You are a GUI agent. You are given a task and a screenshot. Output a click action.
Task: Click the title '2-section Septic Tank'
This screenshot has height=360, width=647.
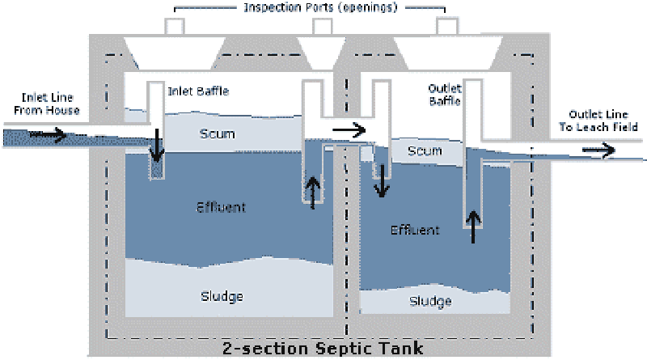[x=323, y=350]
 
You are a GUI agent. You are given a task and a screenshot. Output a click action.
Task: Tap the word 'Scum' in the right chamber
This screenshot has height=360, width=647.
[x=424, y=151]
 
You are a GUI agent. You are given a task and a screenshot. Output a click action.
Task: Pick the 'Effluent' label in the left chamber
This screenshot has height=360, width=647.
[x=221, y=207]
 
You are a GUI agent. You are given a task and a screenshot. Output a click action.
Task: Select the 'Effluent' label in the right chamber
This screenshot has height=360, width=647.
[x=415, y=230]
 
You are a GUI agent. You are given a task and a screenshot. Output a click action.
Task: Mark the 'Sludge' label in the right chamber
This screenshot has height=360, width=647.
[x=429, y=301]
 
